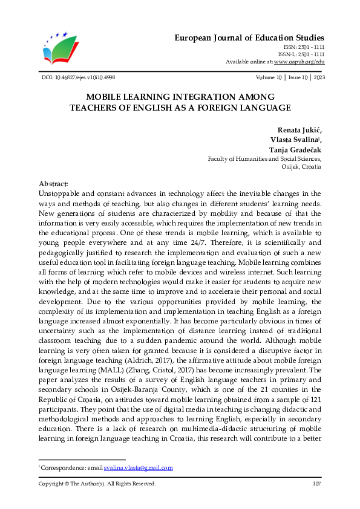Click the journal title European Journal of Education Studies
tap(249, 37)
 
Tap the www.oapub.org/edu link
tap(299, 62)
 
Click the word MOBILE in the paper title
tap(107, 97)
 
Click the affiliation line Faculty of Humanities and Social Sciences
tap(264, 159)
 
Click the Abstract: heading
tap(54, 184)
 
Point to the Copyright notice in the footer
tap(97, 484)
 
